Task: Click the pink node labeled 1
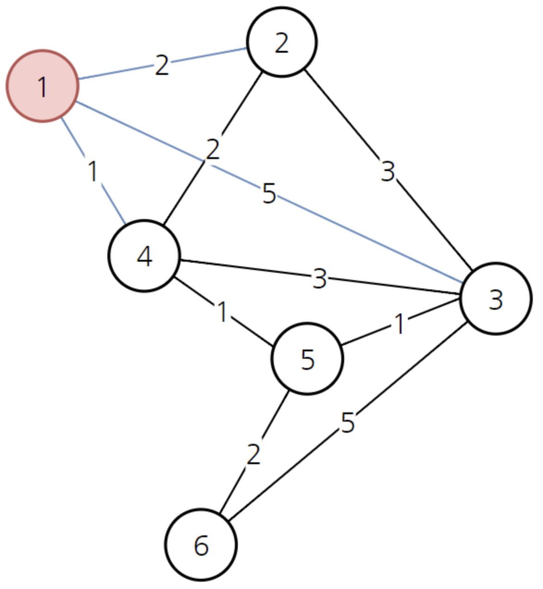pos(42,86)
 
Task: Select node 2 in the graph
pos(282,42)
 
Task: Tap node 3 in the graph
pos(495,299)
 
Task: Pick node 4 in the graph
pos(144,256)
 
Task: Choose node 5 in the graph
pos(307,359)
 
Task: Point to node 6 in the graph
pos(201,545)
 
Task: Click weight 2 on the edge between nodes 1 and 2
pos(162,65)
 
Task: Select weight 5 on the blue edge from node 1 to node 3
pos(269,193)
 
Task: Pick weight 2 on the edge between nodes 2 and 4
pos(212,149)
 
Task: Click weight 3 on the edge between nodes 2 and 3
pos(388,171)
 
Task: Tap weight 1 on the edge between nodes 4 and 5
pos(222,312)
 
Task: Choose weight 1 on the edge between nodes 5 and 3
pos(399,324)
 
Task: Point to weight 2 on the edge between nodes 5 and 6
pos(253,454)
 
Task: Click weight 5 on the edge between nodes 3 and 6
pos(347,422)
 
